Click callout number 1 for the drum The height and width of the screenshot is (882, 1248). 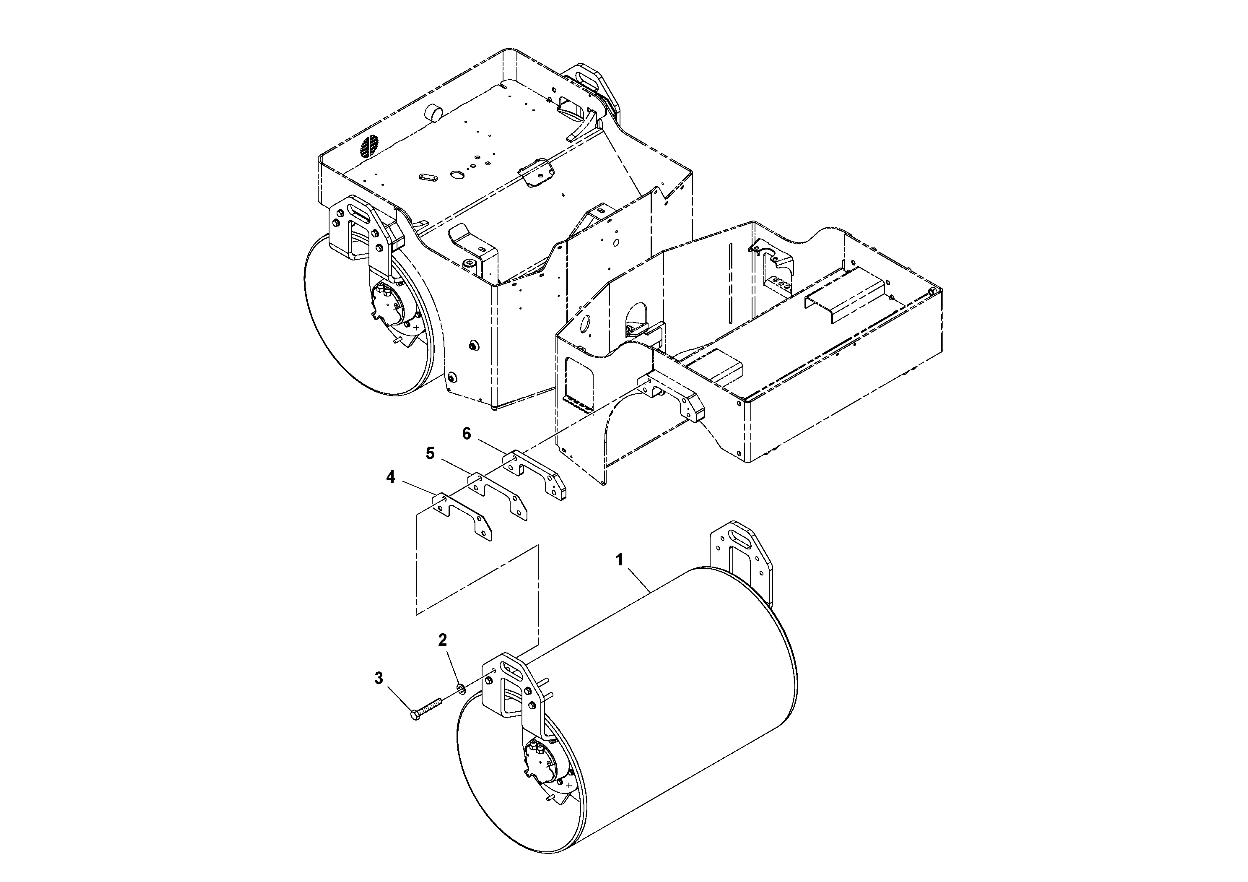click(x=619, y=559)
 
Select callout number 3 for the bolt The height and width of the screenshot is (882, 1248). click(x=379, y=678)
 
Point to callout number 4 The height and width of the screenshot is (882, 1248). click(x=390, y=477)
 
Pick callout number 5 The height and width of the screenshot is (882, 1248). click(x=430, y=453)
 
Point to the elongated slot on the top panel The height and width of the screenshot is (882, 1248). click(x=428, y=177)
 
